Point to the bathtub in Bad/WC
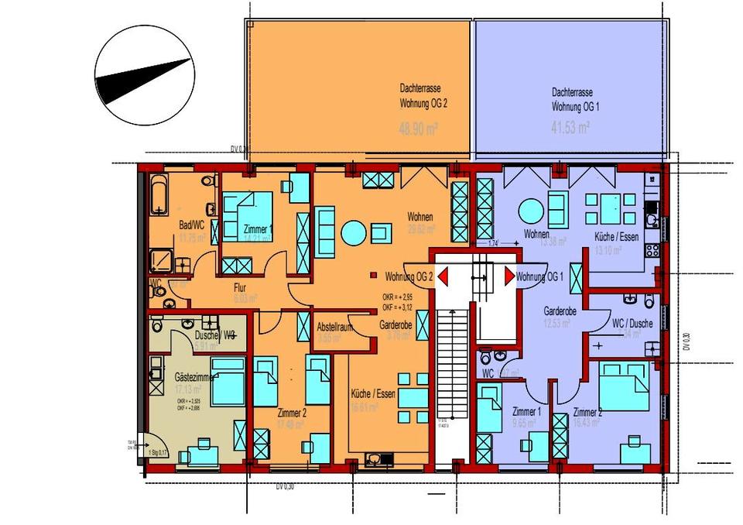pos(158,195)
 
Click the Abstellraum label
pos(335,328)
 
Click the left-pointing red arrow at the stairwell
pos(443,276)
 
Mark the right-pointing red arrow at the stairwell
pos(509,276)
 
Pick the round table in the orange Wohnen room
pos(354,232)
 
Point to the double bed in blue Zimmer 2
pos(623,385)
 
